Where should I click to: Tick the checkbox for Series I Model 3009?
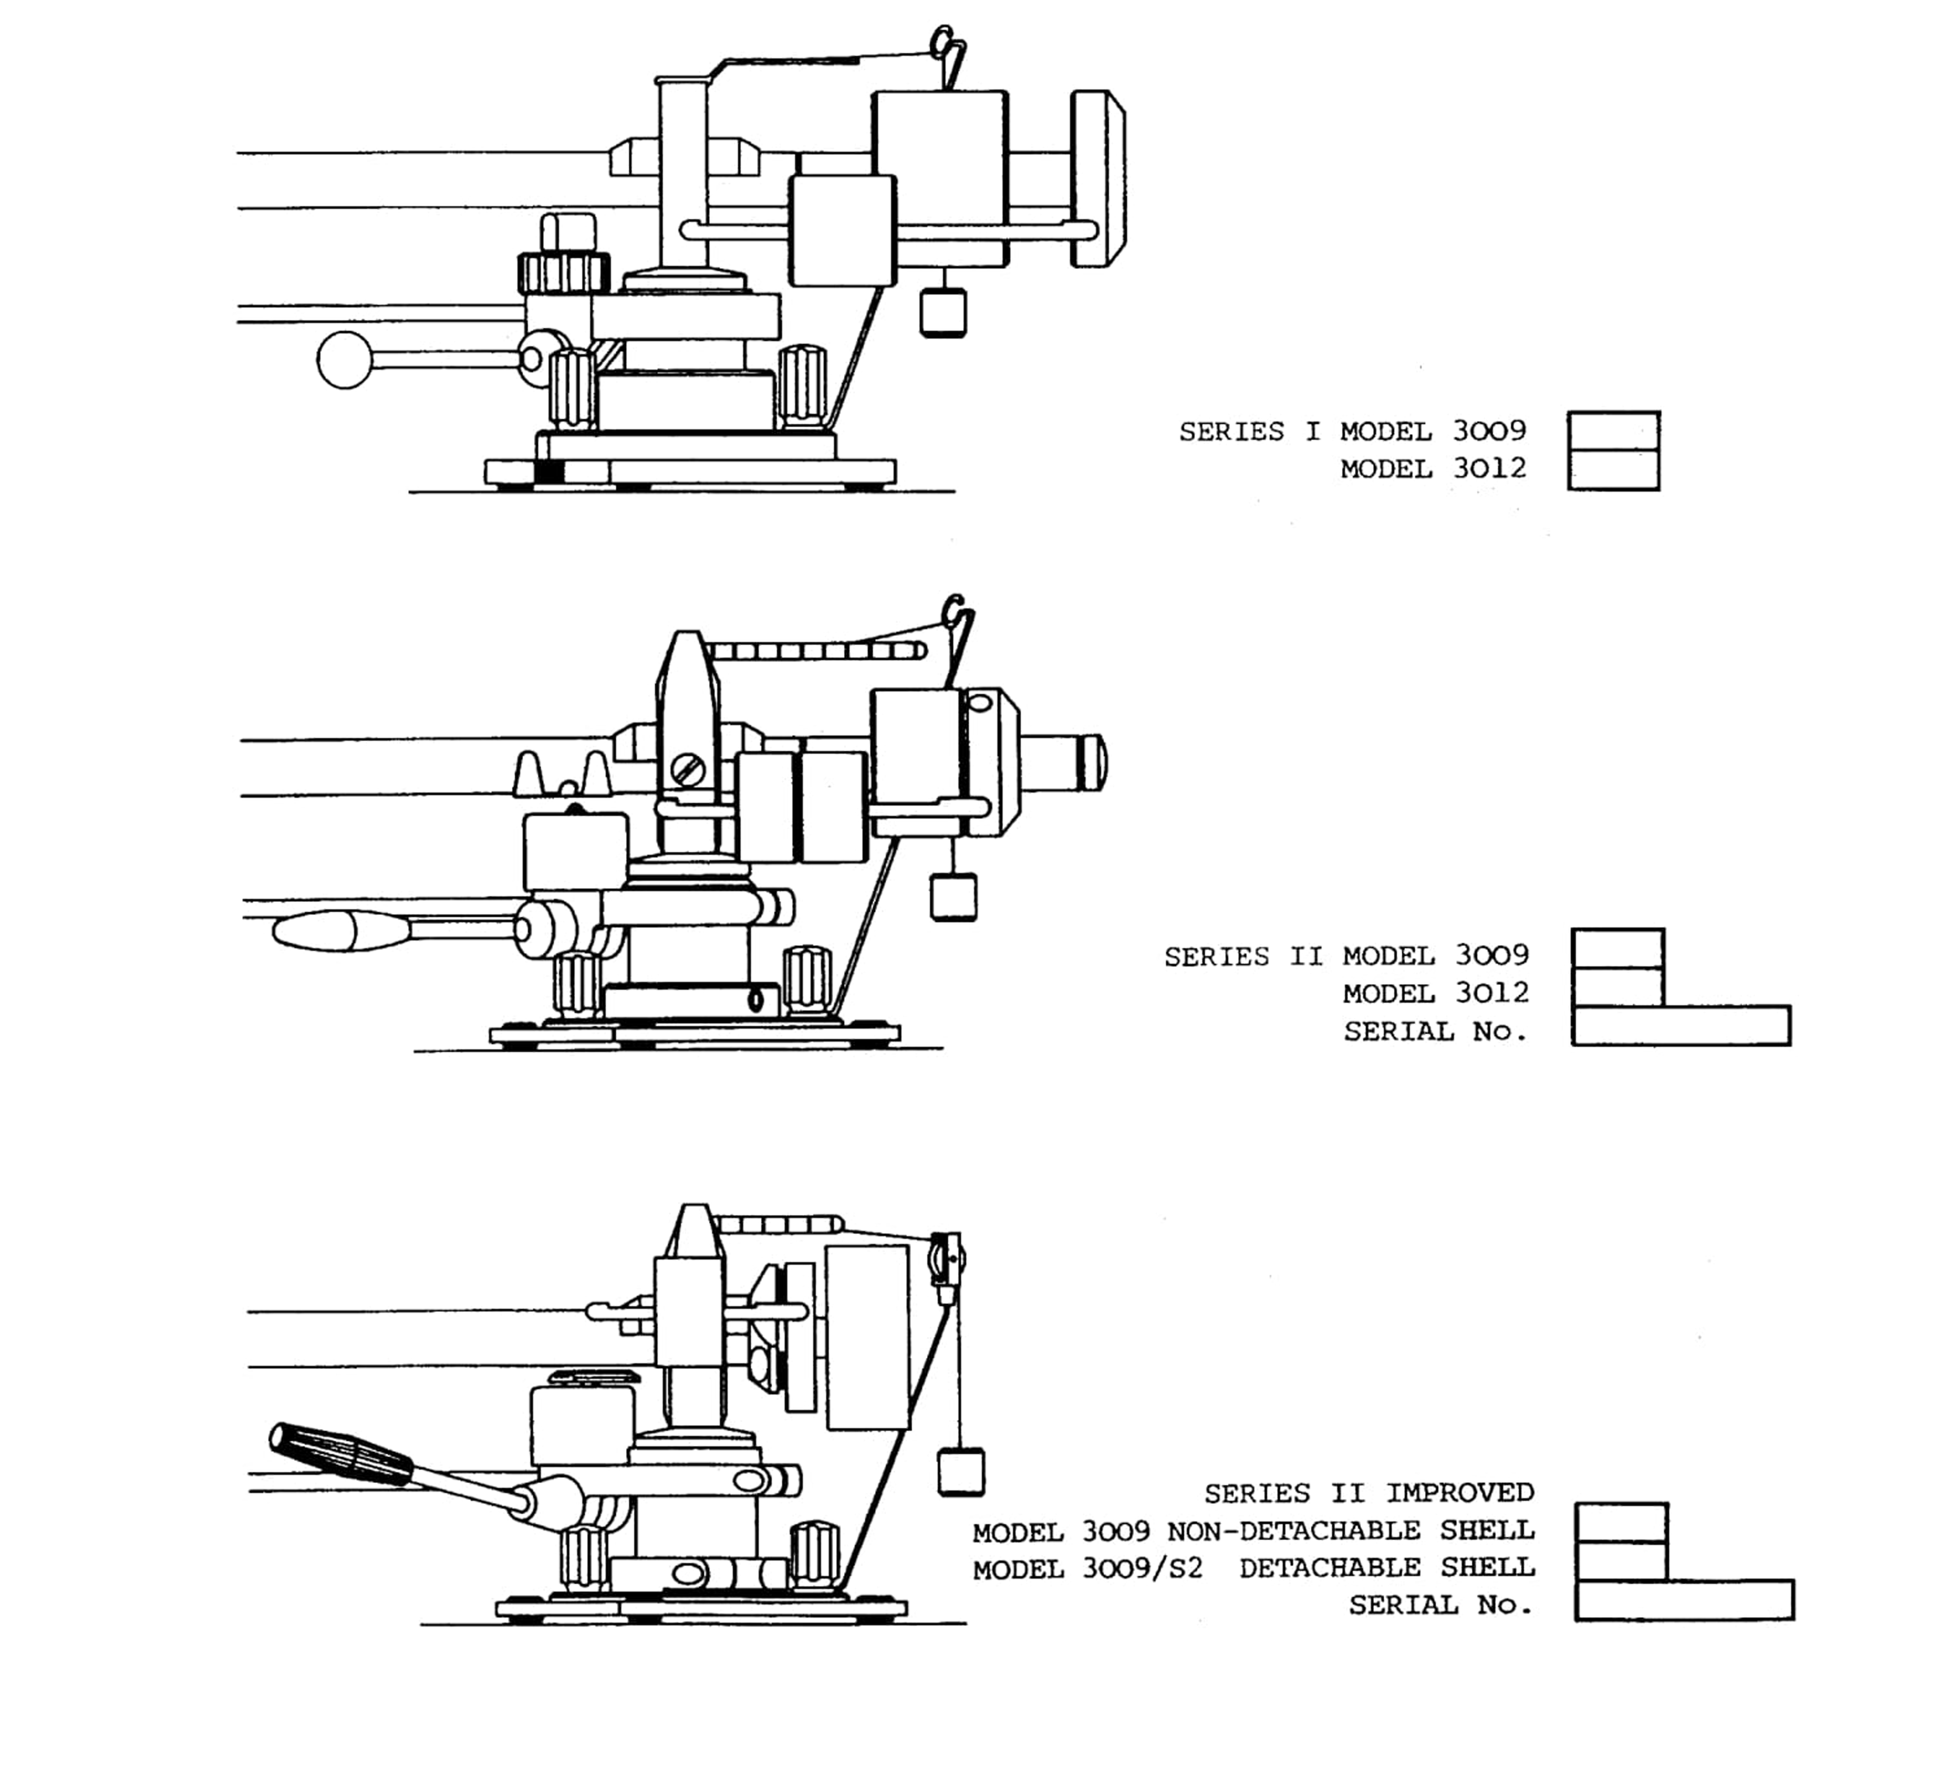tap(1613, 431)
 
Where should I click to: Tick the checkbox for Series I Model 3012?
tap(1613, 470)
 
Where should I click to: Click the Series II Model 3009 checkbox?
tap(1618, 949)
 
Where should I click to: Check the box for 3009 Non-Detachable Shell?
tap(1622, 1523)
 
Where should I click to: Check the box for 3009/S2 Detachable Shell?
tap(1622, 1562)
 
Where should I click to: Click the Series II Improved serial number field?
tap(1685, 1601)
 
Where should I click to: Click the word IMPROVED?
tap(1460, 1493)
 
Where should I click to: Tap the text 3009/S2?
tap(1142, 1568)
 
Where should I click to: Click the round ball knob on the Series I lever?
tap(345, 360)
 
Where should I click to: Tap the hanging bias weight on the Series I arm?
tap(942, 313)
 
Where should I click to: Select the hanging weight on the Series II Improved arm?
tap(960, 1472)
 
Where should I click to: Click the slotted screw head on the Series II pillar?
tap(688, 771)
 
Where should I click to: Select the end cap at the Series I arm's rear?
tap(1098, 179)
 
